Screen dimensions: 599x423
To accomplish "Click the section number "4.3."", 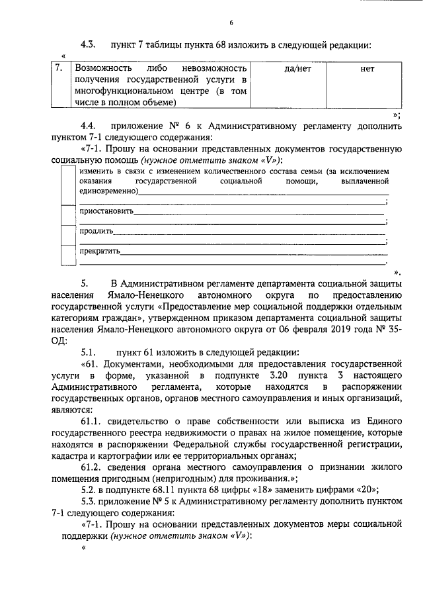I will [x=89, y=45].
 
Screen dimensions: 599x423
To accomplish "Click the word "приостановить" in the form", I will [x=106, y=212].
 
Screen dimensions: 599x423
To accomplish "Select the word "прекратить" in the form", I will [x=99, y=252].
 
